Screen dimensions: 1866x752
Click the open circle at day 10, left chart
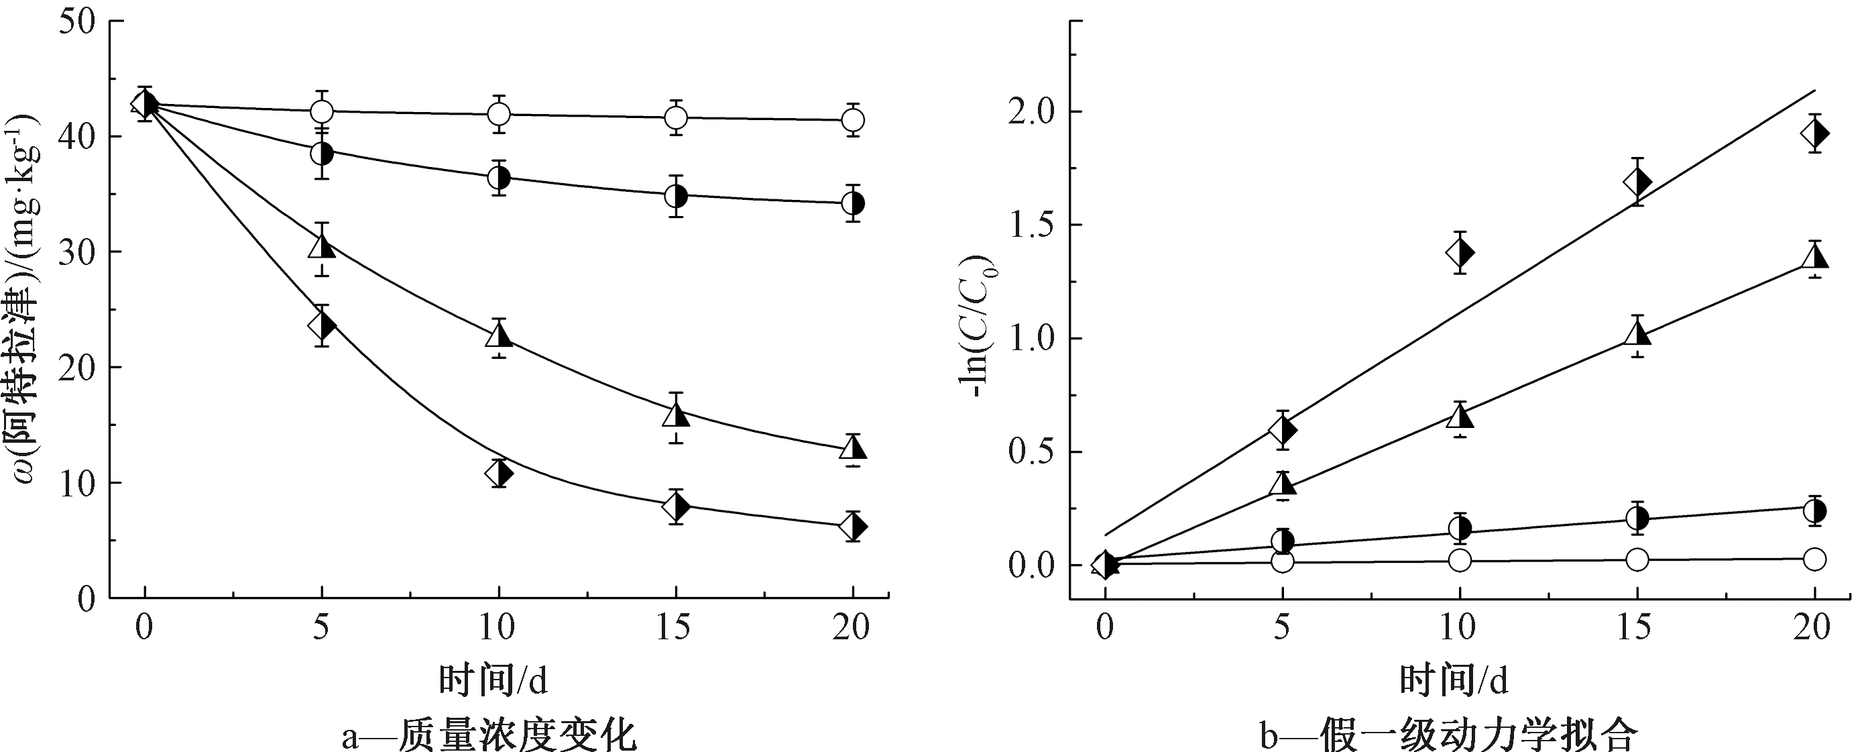(499, 114)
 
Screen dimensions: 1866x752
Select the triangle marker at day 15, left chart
(676, 413)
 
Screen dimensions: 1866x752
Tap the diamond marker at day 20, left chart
(854, 526)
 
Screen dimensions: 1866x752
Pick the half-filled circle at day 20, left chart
(854, 203)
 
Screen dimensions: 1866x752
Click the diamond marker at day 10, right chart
(1460, 253)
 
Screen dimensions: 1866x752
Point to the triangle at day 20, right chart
(1814, 256)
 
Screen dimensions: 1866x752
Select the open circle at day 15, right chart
(1637, 559)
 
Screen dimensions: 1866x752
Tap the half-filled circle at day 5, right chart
(1282, 541)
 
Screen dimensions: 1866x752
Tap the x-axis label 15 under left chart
(675, 627)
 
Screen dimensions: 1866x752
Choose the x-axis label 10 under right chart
(1459, 627)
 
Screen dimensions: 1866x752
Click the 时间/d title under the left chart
(493, 681)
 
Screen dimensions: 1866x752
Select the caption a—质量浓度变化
(489, 734)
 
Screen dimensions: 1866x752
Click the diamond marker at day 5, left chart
(322, 326)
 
